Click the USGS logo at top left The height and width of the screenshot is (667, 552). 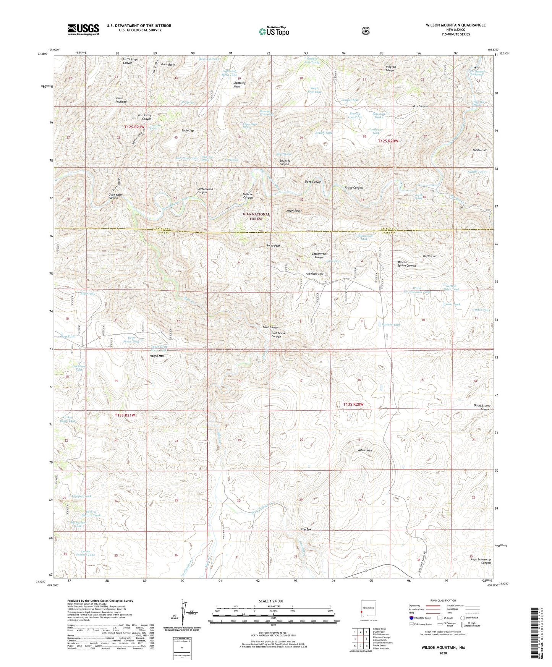point(83,29)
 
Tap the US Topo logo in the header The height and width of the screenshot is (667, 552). point(273,31)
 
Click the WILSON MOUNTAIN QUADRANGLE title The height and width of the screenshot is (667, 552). point(456,25)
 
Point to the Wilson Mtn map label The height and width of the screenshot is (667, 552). point(364,450)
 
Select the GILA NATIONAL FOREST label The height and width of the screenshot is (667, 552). point(256,217)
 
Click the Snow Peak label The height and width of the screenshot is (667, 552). point(274,246)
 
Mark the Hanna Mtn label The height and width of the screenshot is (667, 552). point(156,356)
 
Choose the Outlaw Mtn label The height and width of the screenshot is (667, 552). point(431,256)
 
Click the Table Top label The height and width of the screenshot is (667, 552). point(188,131)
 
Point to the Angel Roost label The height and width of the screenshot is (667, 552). point(294,211)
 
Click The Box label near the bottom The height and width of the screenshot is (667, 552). point(306,529)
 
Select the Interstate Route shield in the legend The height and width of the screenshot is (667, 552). point(411,618)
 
